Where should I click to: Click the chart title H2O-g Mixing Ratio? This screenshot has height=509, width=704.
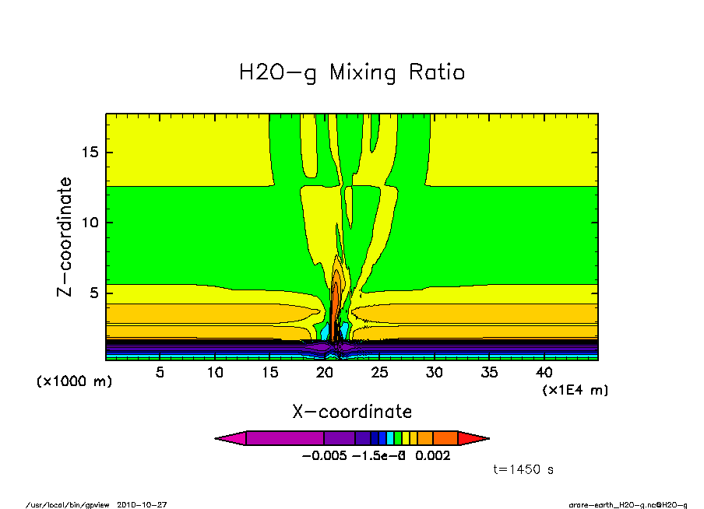[x=352, y=73]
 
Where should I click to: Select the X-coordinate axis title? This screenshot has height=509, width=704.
[x=352, y=412]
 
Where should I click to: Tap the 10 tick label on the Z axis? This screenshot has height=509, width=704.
[x=90, y=223]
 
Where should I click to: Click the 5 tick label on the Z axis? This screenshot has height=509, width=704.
[x=94, y=293]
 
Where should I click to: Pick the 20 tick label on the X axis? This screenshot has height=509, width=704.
[x=324, y=373]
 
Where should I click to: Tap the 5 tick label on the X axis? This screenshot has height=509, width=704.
[x=160, y=373]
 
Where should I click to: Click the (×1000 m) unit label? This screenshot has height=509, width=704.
[x=74, y=382]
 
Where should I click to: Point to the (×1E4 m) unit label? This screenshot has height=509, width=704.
[x=575, y=390]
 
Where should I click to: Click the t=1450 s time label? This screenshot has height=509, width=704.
[x=523, y=470]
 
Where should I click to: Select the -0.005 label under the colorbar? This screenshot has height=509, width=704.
[x=323, y=456]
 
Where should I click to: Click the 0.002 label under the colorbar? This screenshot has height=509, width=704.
[x=432, y=456]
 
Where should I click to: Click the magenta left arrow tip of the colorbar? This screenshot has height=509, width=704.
[x=231, y=438]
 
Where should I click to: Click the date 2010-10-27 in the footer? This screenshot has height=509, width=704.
[x=142, y=504]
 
